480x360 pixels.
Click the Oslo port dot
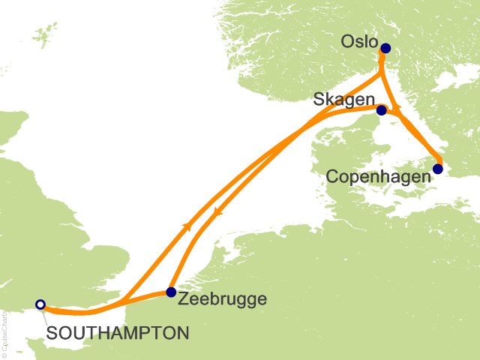(x=385, y=49)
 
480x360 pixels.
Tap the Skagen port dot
(x=382, y=111)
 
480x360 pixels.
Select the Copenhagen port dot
(x=438, y=169)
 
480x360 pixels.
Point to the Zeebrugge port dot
(x=171, y=292)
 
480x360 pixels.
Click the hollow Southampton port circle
(x=40, y=304)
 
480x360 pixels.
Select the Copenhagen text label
(x=379, y=176)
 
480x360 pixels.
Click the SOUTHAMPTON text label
(x=116, y=331)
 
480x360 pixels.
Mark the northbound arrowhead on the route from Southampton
(x=186, y=225)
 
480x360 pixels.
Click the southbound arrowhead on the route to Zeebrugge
(x=218, y=212)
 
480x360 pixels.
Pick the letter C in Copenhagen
(x=332, y=176)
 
